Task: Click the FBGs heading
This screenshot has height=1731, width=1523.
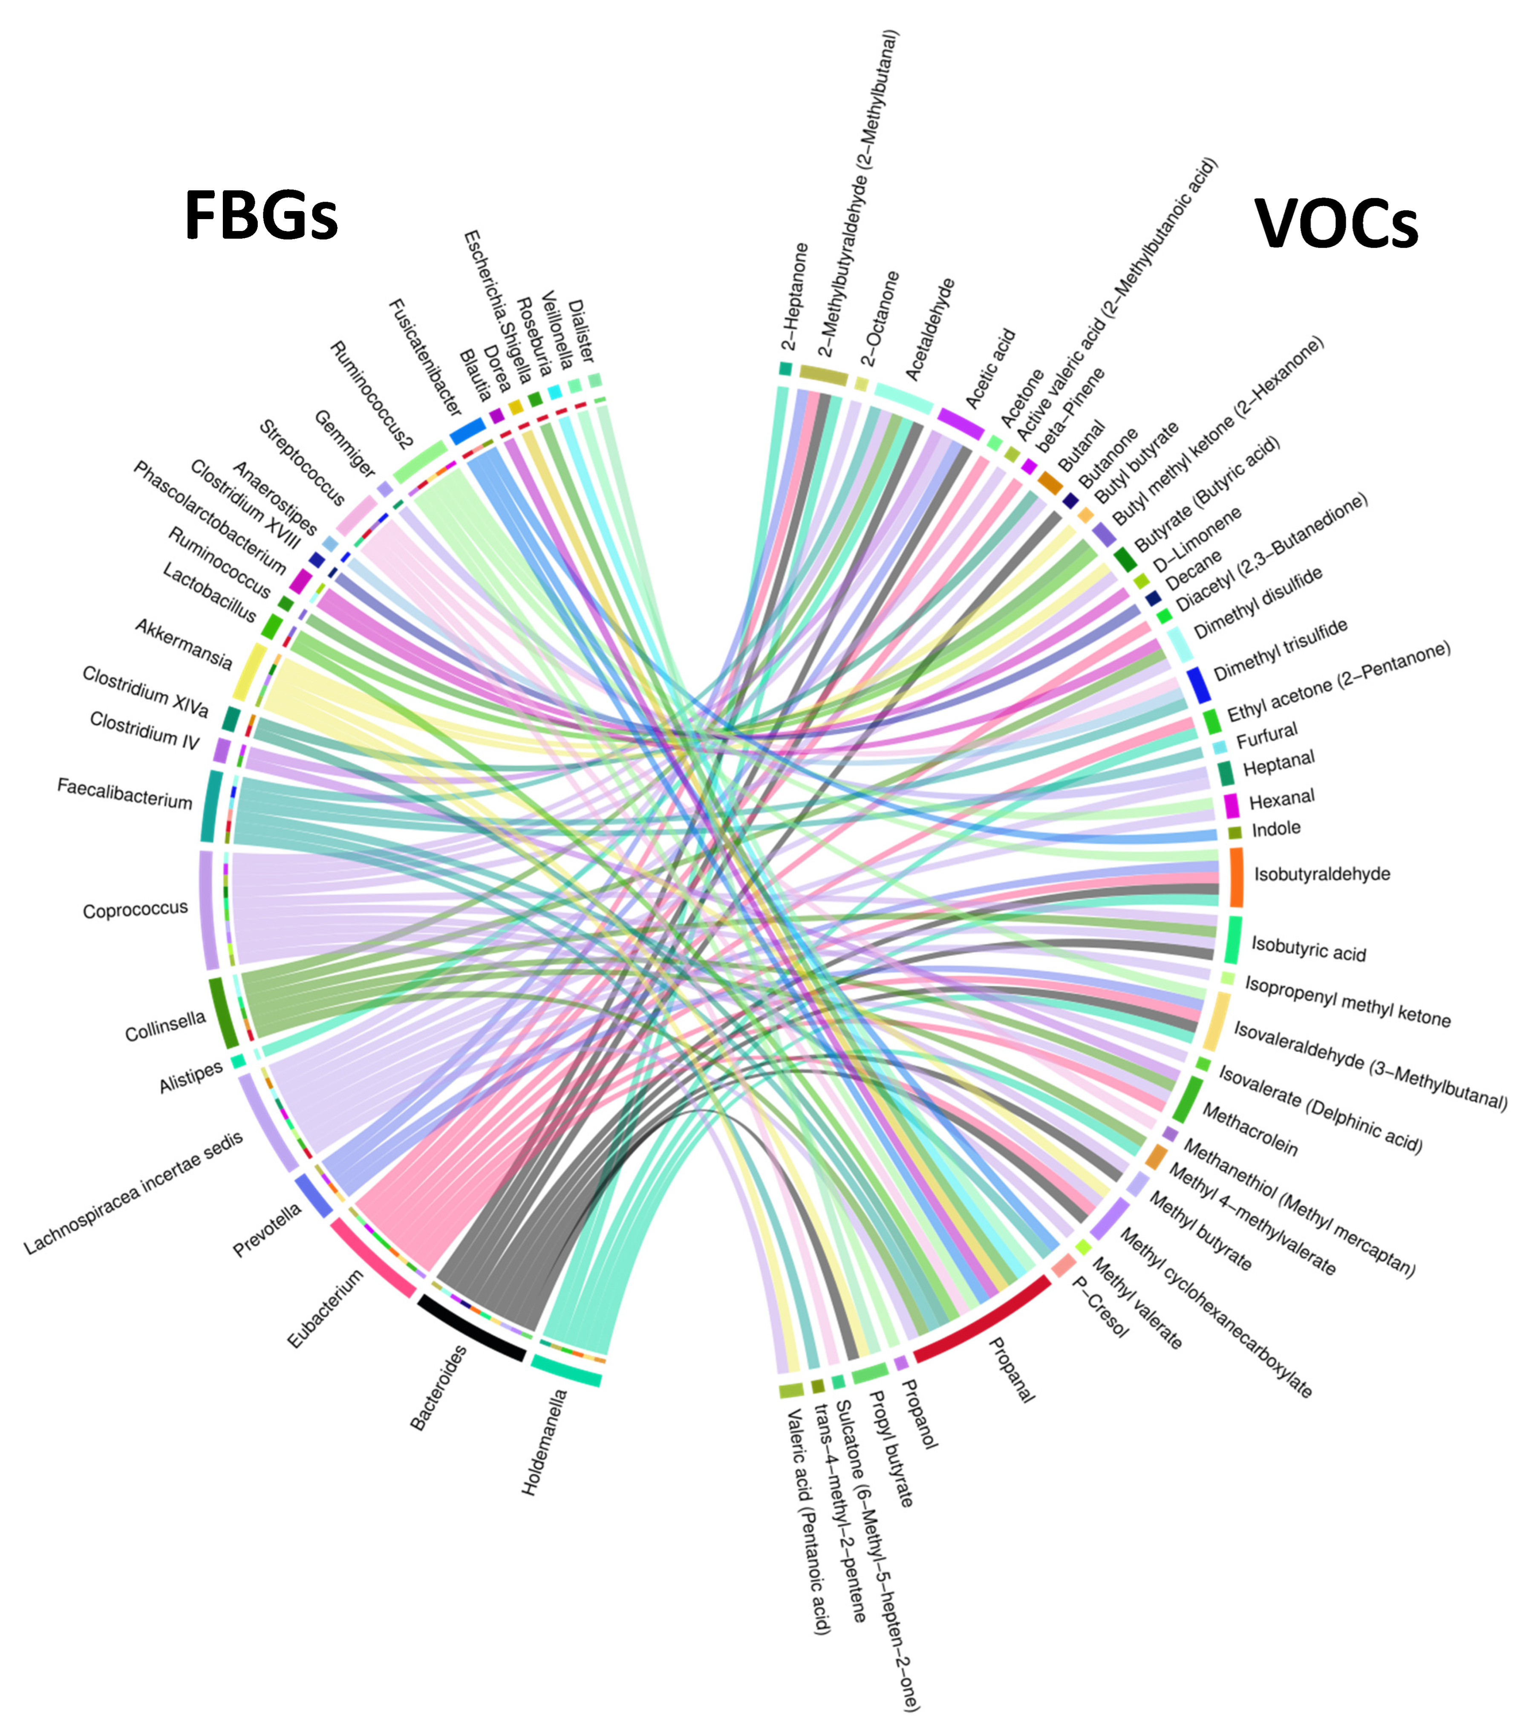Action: point(261,215)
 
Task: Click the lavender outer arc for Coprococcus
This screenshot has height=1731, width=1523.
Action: point(208,910)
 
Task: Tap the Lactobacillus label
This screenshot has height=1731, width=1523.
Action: point(208,593)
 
